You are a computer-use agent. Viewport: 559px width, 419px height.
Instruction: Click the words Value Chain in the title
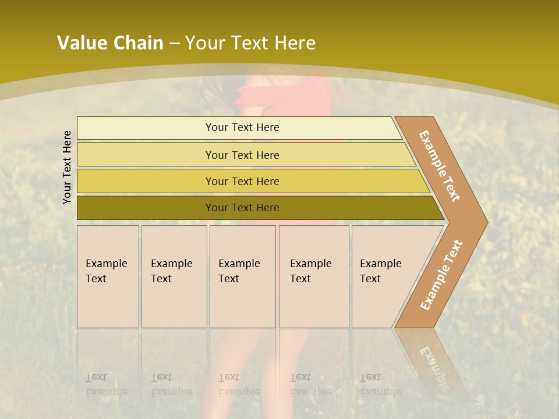pos(110,43)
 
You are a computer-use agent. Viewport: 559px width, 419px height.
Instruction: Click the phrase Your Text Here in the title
pos(250,43)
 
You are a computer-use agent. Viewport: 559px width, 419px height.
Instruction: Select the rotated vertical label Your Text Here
pos(67,167)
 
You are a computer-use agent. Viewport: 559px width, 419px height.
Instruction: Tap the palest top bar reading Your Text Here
pos(242,127)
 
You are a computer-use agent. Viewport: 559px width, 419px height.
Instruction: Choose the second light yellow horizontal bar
pos(242,155)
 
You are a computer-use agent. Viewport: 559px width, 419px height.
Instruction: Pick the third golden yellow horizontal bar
pos(242,181)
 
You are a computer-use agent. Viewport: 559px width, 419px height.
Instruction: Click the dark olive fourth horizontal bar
pos(242,208)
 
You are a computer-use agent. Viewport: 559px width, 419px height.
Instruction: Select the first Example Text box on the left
pos(108,276)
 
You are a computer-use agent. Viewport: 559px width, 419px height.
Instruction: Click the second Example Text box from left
pos(174,276)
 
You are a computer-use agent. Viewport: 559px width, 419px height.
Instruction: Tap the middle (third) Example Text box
pos(242,276)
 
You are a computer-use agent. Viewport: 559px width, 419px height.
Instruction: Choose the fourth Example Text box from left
pos(313,276)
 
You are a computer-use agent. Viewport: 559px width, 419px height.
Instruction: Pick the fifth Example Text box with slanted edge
pos(384,276)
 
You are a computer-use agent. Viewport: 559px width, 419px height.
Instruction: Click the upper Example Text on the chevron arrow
pos(440,166)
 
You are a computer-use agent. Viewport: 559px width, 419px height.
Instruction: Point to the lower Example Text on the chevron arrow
pos(441,275)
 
